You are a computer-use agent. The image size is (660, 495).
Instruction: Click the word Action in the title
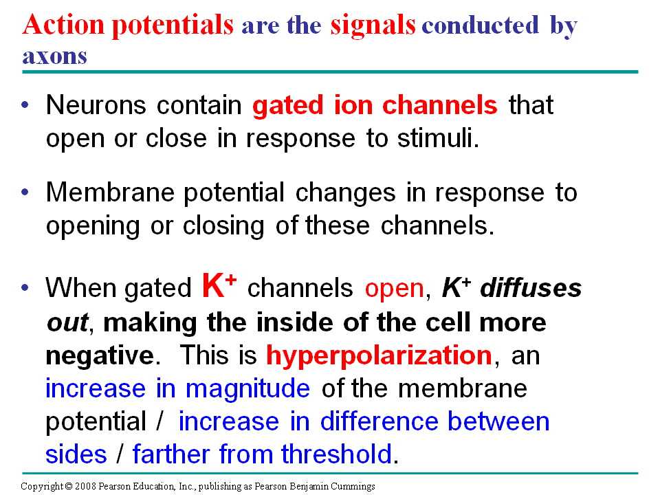[63, 24]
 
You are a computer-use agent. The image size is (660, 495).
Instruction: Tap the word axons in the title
[55, 56]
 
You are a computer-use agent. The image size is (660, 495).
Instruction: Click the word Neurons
[96, 104]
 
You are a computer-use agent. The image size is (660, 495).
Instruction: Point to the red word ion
[353, 104]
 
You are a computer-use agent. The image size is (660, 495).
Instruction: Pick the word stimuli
[438, 138]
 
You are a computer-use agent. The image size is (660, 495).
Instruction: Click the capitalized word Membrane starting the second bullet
[110, 192]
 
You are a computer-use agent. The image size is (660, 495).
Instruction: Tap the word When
[80, 288]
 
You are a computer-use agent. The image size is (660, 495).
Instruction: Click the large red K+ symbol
[219, 285]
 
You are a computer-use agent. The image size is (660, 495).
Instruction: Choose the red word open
[395, 290]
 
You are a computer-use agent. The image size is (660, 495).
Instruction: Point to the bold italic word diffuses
[531, 288]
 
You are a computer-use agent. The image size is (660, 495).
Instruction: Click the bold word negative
[100, 356]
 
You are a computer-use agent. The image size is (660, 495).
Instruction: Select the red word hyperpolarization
[379, 356]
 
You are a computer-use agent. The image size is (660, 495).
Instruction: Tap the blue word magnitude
[247, 389]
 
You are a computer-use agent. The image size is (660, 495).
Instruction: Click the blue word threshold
[337, 454]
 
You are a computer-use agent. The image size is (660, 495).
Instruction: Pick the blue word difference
[379, 421]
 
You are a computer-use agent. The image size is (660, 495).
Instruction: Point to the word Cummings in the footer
[353, 487]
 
